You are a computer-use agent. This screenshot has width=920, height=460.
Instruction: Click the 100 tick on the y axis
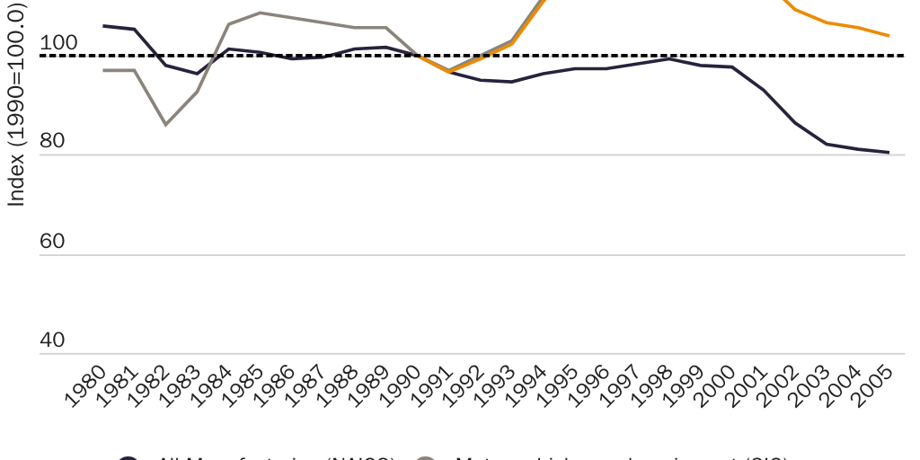59,43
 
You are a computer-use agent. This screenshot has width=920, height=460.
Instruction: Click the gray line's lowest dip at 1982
165,124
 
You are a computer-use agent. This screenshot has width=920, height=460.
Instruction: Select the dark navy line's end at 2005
889,153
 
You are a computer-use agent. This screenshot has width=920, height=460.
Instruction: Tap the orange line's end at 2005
889,36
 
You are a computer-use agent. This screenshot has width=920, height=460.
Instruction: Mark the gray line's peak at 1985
260,13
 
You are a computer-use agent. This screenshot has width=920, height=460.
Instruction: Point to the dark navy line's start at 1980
103,26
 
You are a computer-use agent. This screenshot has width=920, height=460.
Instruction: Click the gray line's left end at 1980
103,70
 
